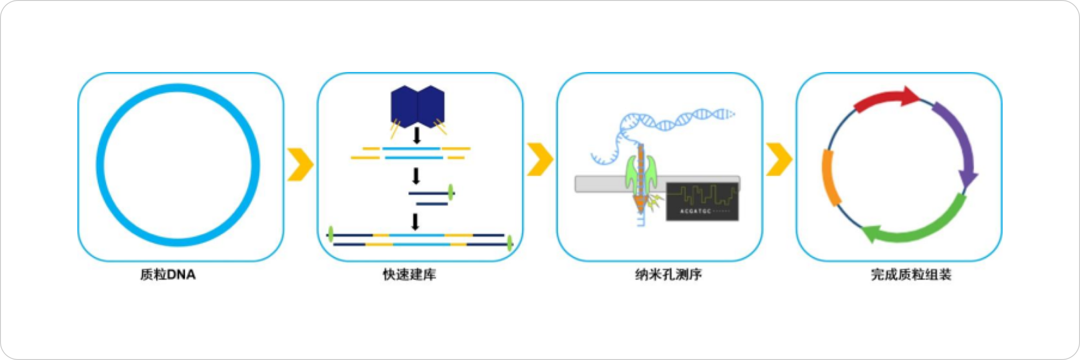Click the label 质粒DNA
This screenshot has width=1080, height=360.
[168, 274]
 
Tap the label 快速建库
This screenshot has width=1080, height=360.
[409, 274]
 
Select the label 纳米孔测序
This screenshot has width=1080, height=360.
[668, 274]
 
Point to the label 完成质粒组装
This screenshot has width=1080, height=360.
[911, 274]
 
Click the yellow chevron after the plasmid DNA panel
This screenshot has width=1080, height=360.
[300, 164]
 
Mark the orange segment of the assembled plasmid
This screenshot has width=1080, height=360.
[830, 178]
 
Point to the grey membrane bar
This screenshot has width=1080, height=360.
[598, 184]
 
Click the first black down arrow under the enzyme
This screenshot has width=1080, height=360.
[417, 135]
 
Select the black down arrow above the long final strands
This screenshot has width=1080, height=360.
[416, 222]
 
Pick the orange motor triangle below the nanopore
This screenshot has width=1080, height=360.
[640, 203]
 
